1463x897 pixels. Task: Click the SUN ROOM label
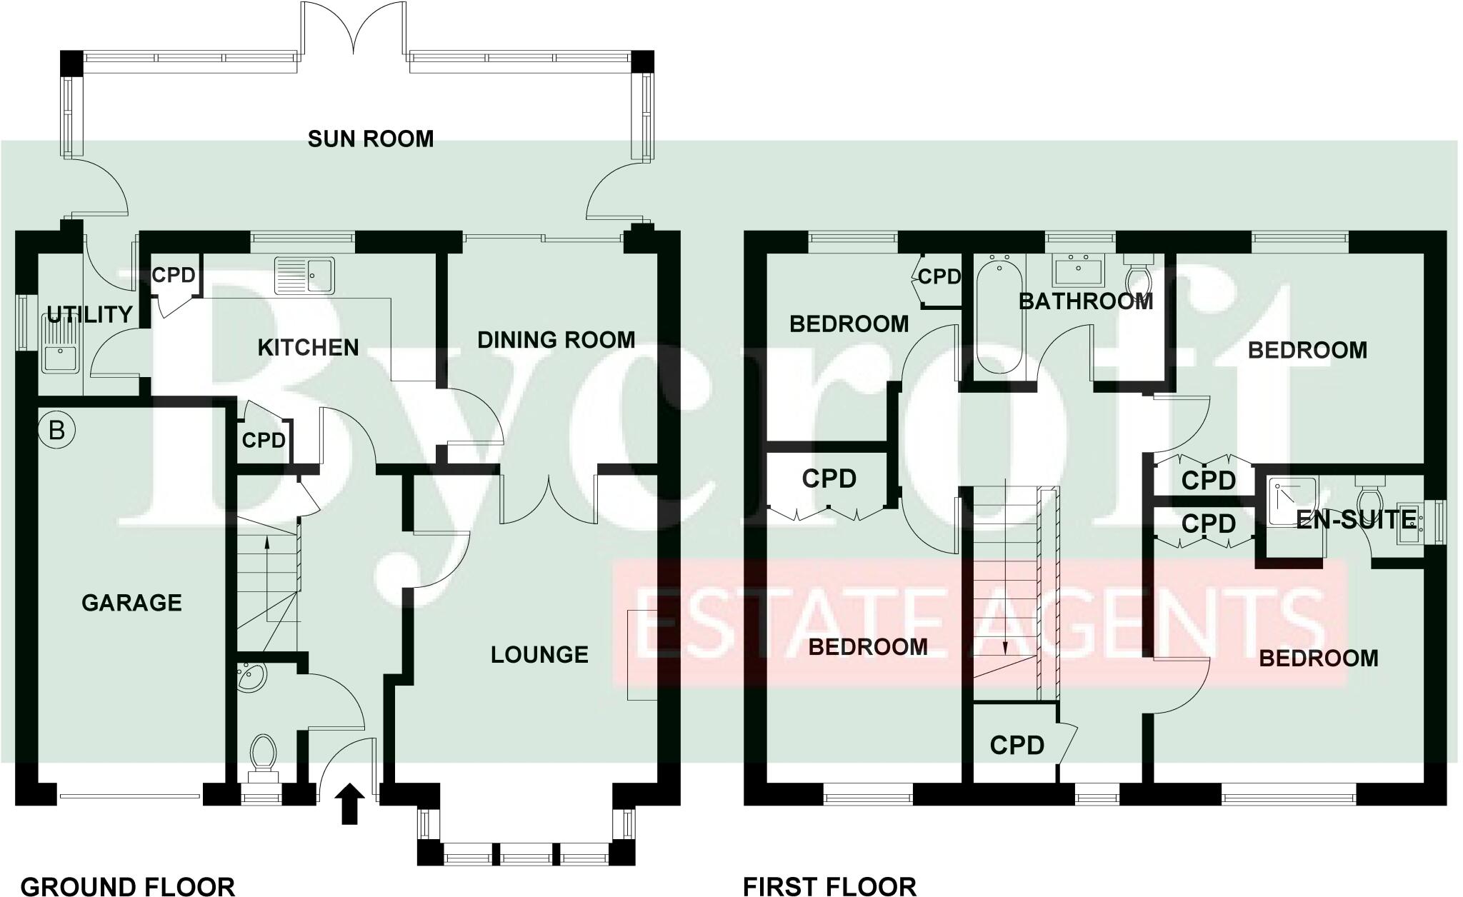[x=370, y=139]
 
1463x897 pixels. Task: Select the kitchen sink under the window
[x=305, y=275]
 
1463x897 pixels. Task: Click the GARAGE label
[x=131, y=603]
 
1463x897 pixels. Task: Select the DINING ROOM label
[x=556, y=340]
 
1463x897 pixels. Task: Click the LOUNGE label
[x=539, y=654]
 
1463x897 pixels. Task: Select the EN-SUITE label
[x=1355, y=520]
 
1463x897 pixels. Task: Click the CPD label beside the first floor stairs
[x=1017, y=746]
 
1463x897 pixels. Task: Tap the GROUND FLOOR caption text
[x=127, y=886]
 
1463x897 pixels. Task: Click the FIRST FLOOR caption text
[x=829, y=886]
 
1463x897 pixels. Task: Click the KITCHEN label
[x=308, y=348]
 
